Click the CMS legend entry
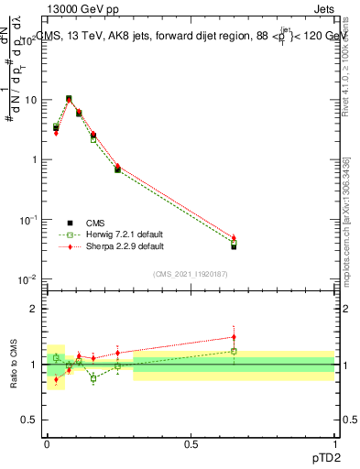pyautogui.click(x=95, y=223)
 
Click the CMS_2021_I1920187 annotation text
pyautogui.click(x=190, y=274)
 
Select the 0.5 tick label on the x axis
pyautogui.click(x=191, y=442)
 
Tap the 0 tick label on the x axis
pyautogui.click(x=47, y=442)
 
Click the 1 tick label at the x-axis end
pyautogui.click(x=334, y=442)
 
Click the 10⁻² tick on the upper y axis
pyautogui.click(x=27, y=278)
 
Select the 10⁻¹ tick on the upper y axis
pyautogui.click(x=27, y=219)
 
